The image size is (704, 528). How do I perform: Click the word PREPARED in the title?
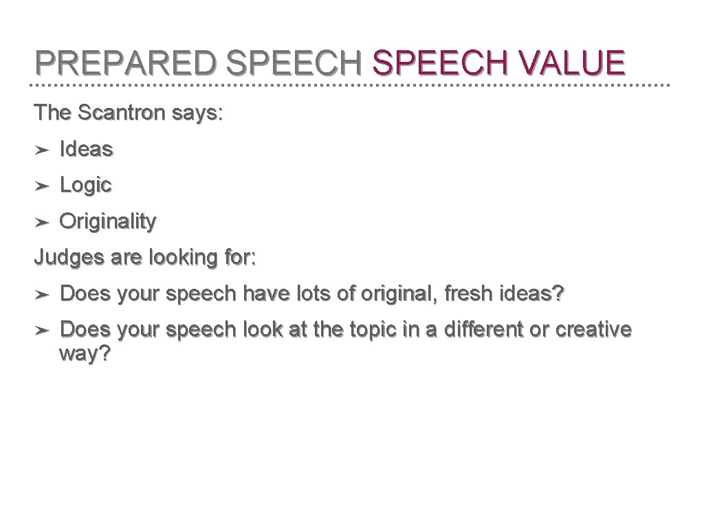(126, 63)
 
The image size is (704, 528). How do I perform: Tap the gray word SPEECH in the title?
(294, 63)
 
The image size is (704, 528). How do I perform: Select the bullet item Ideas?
(87, 148)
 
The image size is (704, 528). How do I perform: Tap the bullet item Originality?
(108, 222)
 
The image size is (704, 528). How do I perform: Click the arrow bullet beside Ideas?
(41, 149)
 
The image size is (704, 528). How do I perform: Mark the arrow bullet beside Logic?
(41, 186)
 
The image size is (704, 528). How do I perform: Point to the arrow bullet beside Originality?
(41, 222)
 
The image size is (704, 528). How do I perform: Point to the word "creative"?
(593, 330)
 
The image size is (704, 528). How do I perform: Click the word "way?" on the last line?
(85, 354)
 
